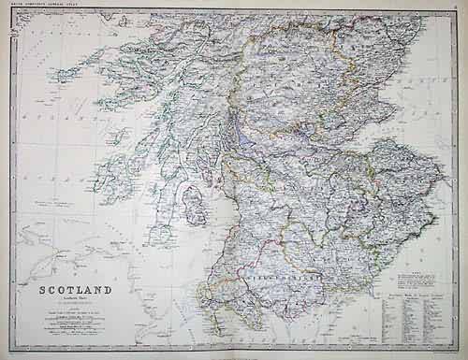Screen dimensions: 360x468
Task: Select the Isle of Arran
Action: tap(194, 201)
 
